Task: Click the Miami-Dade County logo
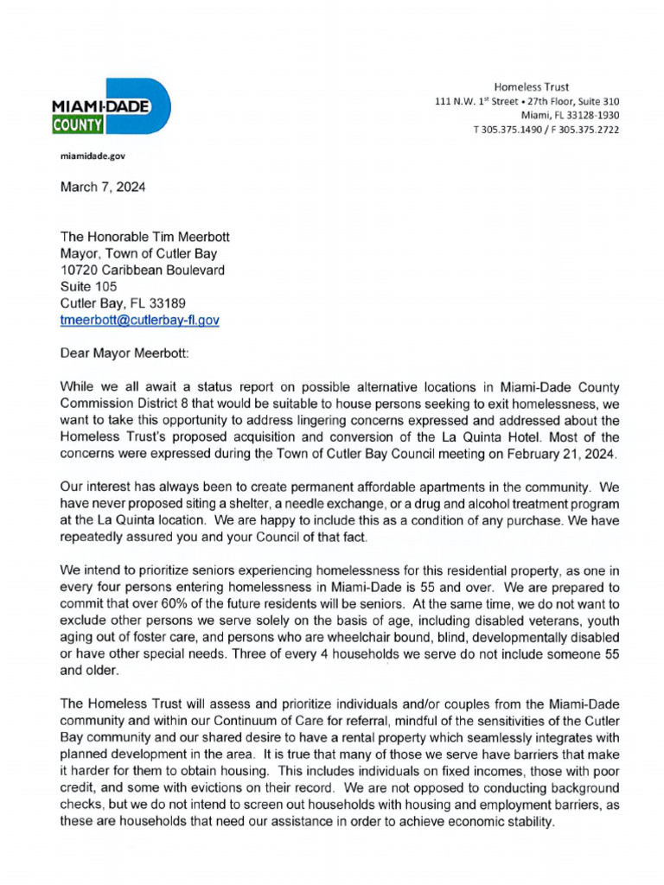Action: pyautogui.click(x=111, y=106)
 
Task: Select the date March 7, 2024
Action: pyautogui.click(x=103, y=188)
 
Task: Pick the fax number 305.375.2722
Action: pyautogui.click(x=588, y=130)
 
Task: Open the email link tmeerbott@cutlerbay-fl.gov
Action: pyautogui.click(x=139, y=320)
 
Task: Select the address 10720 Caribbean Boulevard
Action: pyautogui.click(x=142, y=270)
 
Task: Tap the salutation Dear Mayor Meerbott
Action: pyautogui.click(x=129, y=353)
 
